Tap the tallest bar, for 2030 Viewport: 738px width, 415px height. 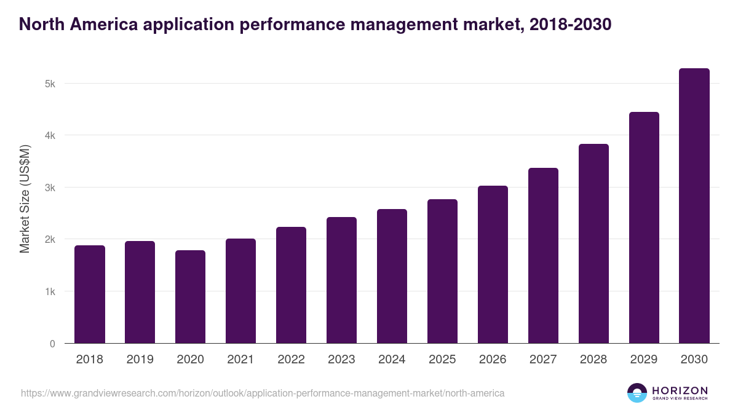pos(694,205)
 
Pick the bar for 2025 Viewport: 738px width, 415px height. pos(443,271)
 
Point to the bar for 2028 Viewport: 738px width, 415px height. pos(593,243)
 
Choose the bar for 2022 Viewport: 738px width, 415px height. pos(291,285)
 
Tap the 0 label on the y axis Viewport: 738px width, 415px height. pos(52,344)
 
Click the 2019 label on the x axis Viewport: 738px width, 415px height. pos(140,360)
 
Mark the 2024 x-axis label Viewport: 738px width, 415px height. pos(392,360)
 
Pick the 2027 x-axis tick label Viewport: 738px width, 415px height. pos(543,360)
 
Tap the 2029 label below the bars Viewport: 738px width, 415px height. pos(644,360)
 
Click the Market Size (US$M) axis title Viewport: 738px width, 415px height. pos(25,199)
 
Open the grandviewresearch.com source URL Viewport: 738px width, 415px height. pos(263,393)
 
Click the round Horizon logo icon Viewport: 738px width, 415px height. pos(637,393)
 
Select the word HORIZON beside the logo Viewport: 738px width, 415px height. pos(680,390)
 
